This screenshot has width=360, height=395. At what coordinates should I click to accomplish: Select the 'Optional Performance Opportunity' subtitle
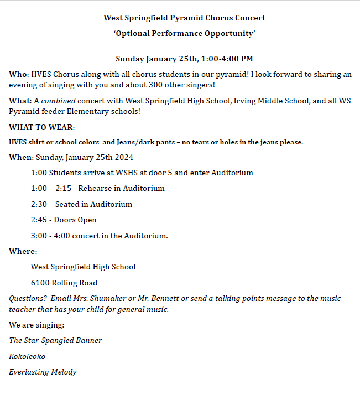click(x=184, y=33)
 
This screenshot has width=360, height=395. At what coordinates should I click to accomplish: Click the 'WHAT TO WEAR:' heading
click(x=41, y=127)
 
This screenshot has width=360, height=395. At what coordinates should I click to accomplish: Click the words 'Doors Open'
click(x=75, y=220)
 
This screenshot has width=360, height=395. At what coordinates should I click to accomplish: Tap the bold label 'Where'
click(x=22, y=251)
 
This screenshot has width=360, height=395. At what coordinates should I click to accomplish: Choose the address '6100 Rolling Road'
click(x=64, y=283)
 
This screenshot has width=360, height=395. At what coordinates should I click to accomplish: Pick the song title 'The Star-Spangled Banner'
click(x=55, y=340)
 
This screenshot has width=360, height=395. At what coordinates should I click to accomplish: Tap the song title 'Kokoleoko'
click(x=27, y=356)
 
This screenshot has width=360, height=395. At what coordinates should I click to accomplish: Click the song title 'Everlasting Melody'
click(x=43, y=372)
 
